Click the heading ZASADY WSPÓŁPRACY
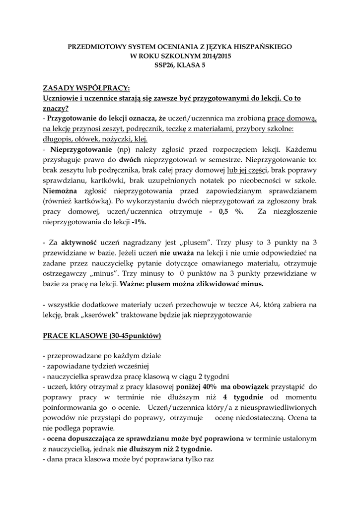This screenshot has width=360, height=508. (86, 88)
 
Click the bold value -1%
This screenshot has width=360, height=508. (139, 222)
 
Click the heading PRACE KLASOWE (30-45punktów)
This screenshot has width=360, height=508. (102, 336)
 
